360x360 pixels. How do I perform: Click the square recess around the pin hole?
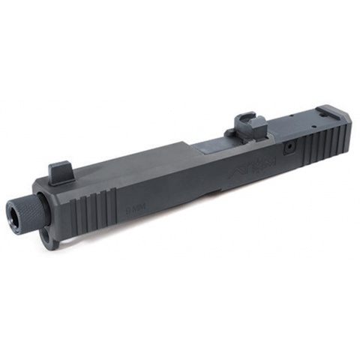[288, 149]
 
